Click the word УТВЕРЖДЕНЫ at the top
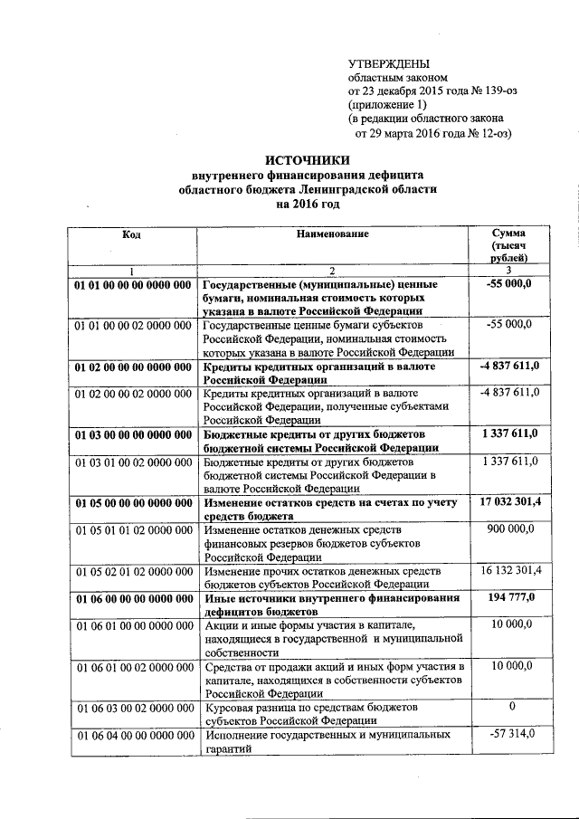click(390, 63)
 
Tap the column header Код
click(131, 234)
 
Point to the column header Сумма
click(510, 234)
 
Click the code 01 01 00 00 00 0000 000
click(132, 284)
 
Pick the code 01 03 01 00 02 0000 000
click(132, 462)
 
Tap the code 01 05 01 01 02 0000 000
click(132, 529)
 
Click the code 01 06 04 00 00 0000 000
click(132, 736)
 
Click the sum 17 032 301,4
click(510, 502)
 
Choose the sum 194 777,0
click(511, 598)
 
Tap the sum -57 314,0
click(511, 735)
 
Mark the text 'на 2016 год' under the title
click(307, 205)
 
